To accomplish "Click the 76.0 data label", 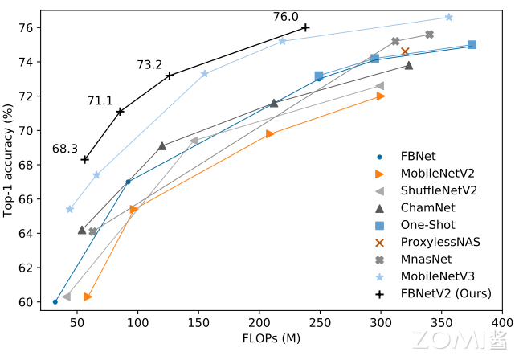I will (285, 17).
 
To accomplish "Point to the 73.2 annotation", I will (149, 65).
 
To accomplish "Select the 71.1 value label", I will (100, 101).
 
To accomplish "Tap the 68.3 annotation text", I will (64, 149).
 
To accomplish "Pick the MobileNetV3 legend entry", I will (438, 276).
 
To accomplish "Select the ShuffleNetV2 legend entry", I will (439, 190).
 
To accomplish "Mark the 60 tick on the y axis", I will (28, 302).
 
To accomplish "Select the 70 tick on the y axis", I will (28, 130).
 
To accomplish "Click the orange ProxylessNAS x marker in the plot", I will (405, 51).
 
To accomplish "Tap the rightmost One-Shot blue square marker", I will (472, 45).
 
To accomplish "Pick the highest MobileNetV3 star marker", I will (448, 17).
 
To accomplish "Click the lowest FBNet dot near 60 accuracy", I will (55, 302).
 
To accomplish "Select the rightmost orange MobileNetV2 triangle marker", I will (381, 96).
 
